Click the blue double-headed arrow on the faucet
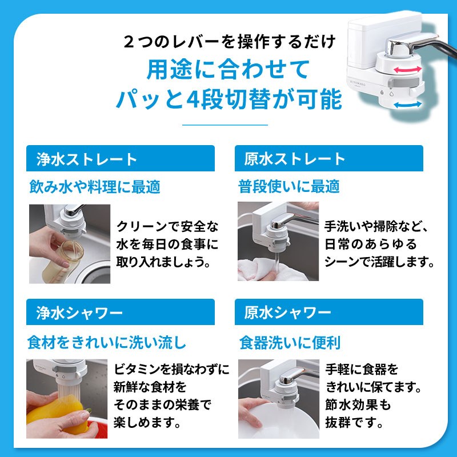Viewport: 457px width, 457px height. pos(407,105)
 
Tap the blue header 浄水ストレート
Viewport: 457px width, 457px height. pos(121,158)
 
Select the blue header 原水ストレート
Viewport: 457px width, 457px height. pos(328,158)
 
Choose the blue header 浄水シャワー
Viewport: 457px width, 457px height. pos(121,312)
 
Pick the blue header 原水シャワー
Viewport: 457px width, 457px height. pos(328,312)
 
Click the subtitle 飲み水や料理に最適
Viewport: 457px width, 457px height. pos(94,186)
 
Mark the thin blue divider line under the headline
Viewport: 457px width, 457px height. pos(224,124)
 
